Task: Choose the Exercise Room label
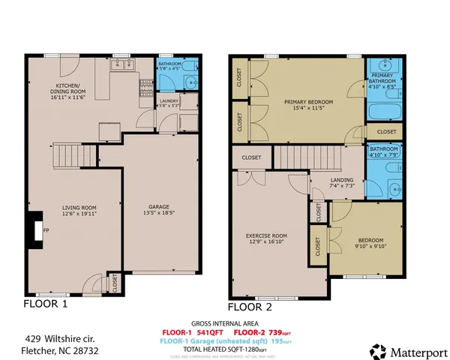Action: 267,239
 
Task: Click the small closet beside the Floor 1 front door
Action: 114,283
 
